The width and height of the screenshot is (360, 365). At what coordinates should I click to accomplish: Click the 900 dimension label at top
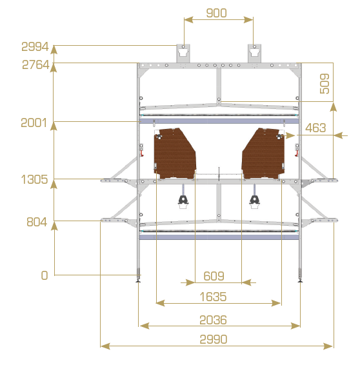(x=216, y=13)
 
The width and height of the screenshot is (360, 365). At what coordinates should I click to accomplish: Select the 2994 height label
(x=35, y=46)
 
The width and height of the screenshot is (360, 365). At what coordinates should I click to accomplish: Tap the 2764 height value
(x=35, y=64)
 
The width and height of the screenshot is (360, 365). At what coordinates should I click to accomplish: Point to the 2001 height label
(x=34, y=123)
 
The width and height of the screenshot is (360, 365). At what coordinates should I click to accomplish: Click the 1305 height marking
(x=34, y=179)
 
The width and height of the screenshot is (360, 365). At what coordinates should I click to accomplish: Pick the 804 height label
(x=37, y=222)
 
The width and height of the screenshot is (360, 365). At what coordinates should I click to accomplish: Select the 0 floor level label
(x=45, y=275)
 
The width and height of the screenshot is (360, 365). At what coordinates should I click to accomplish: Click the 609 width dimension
(x=214, y=276)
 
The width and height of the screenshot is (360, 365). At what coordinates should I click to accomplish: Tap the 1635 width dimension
(x=213, y=297)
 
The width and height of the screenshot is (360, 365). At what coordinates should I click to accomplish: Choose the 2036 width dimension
(x=213, y=320)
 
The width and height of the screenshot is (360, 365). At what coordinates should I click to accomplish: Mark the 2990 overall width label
(x=214, y=339)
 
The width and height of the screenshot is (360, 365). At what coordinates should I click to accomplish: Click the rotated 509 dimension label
(x=325, y=84)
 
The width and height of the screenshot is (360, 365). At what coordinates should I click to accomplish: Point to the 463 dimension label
(x=315, y=128)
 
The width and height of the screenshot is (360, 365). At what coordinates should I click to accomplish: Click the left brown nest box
(x=175, y=153)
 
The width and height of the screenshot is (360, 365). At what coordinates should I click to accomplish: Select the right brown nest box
(x=263, y=153)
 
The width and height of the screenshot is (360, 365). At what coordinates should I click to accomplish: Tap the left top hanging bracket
(x=183, y=54)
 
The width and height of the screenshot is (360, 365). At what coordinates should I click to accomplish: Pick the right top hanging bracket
(x=254, y=54)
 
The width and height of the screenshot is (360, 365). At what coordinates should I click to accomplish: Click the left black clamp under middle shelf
(x=183, y=200)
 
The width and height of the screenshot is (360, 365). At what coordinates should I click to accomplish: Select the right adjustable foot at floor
(x=300, y=275)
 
